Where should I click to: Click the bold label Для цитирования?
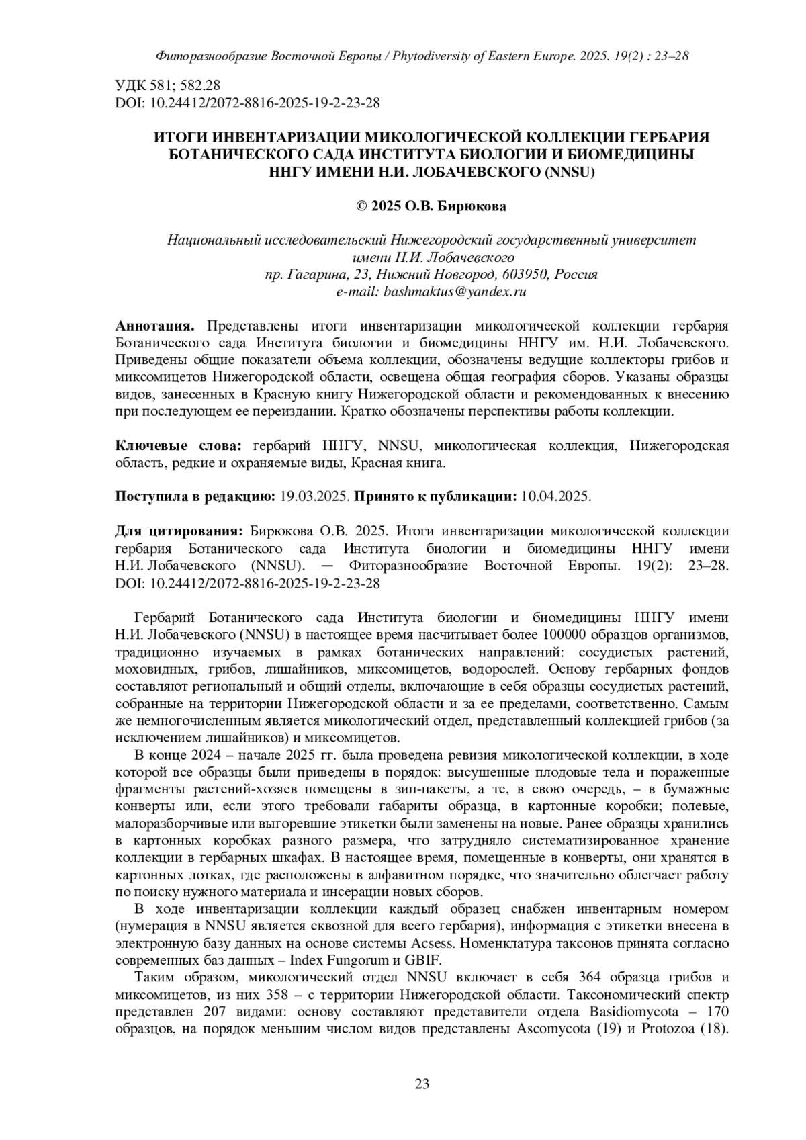[179, 531]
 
